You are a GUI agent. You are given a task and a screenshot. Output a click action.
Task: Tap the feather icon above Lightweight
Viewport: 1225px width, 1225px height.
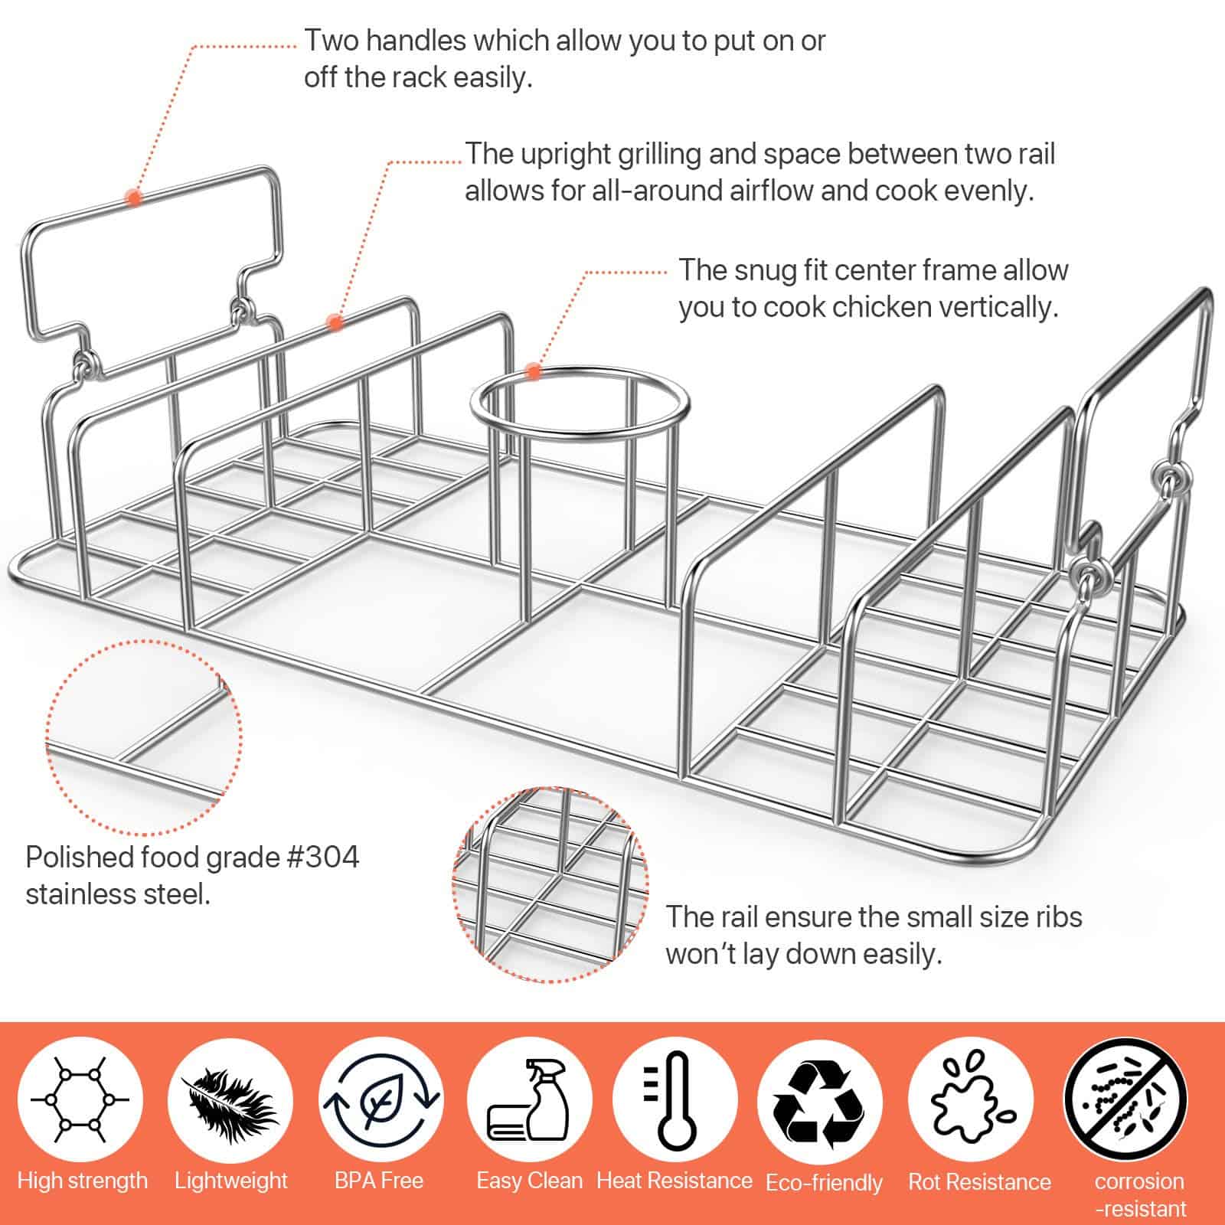tap(230, 1096)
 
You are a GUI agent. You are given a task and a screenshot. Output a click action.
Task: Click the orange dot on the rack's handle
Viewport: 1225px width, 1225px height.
tap(134, 198)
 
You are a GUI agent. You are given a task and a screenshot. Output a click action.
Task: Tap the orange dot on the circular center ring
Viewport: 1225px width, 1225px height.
tap(534, 373)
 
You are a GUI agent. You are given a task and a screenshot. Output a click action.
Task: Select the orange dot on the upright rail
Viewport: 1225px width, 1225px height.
tap(335, 322)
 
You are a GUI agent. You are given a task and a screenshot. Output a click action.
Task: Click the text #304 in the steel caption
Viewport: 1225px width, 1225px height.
tap(322, 857)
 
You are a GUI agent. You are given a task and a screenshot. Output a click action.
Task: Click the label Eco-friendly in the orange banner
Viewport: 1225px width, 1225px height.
tap(824, 1182)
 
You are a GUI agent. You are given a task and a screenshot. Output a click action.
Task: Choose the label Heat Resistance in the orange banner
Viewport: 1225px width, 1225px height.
tap(675, 1181)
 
